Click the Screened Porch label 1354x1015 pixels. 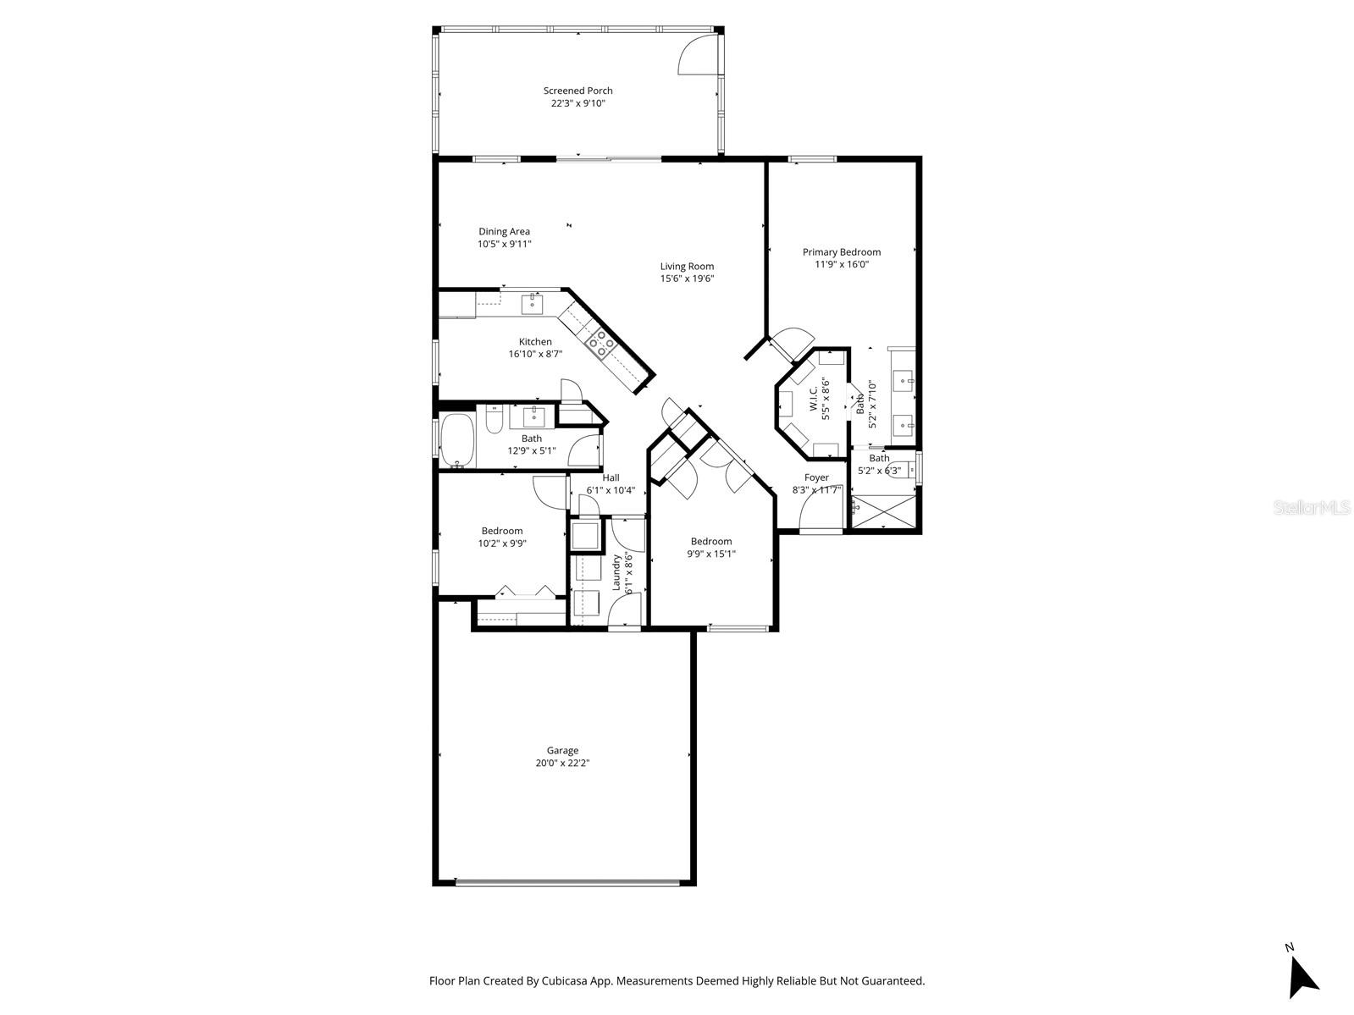coord(578,91)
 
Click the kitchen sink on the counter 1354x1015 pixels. coord(534,301)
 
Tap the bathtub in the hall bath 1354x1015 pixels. coord(458,440)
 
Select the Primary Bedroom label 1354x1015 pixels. coord(841,251)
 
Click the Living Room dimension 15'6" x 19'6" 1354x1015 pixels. coord(687,279)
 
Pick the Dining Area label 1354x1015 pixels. coord(504,231)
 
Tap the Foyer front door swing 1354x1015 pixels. coord(820,510)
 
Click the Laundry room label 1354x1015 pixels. coord(616,572)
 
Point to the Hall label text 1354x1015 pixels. coord(611,477)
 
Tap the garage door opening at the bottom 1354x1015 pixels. coord(566,882)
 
